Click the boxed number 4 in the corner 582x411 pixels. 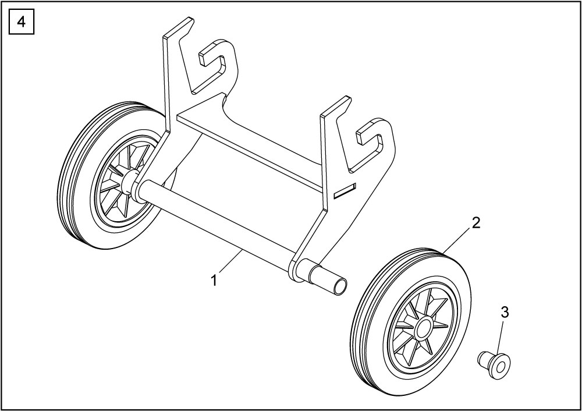[22, 22]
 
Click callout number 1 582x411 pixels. [214, 281]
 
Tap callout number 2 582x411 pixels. [475, 223]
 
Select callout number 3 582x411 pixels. [505, 313]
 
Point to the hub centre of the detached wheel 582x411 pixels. [422, 327]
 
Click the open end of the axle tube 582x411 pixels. [340, 288]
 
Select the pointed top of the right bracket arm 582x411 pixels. [349, 98]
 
